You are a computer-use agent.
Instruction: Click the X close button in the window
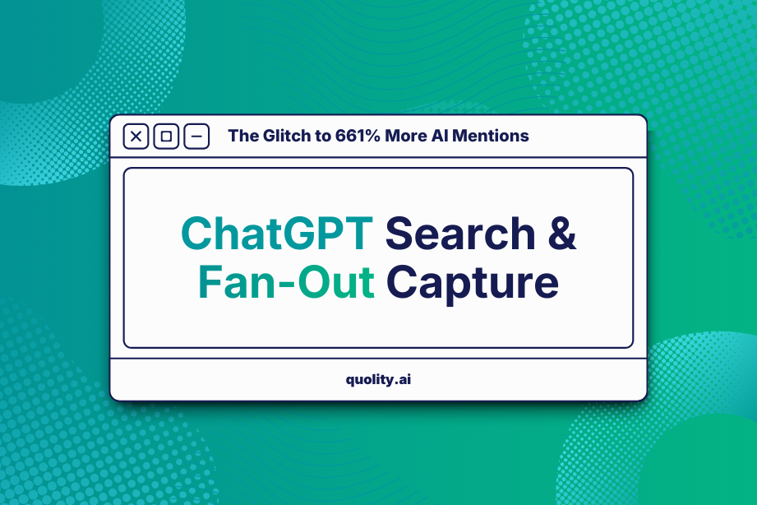point(136,137)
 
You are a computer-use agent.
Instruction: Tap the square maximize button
point(166,137)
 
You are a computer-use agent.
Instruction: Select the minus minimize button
point(196,137)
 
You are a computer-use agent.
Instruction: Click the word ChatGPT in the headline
point(276,234)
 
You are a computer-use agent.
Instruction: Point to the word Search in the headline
point(460,234)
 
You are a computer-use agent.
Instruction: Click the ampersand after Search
point(562,234)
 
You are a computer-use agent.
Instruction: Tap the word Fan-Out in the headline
point(285,283)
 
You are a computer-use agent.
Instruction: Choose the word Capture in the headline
point(473,285)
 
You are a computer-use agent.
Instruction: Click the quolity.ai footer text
point(378,380)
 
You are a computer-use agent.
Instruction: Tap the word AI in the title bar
point(441,136)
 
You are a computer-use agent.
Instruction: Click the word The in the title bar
point(242,136)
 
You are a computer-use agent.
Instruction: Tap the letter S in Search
point(400,234)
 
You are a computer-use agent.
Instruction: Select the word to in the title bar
point(322,136)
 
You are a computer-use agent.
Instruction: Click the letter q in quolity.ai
point(351,382)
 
